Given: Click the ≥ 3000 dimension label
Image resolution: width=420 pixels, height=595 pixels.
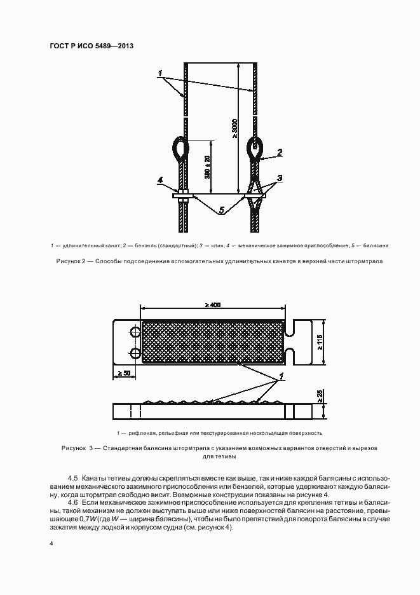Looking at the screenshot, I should tap(234, 128).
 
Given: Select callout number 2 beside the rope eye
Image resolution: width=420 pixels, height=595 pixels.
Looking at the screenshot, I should tap(279, 153).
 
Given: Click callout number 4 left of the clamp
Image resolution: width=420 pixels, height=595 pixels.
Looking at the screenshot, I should tap(160, 181).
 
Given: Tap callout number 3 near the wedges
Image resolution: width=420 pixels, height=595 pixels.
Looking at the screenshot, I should tap(279, 178).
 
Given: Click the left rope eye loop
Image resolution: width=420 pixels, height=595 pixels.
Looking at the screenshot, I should tap(179, 147).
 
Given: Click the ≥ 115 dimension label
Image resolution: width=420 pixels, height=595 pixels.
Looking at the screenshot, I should tap(320, 343).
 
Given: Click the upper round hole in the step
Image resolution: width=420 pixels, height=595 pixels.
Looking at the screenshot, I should tap(135, 331).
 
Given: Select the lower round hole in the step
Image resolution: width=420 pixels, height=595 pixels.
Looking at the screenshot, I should tap(135, 352).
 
